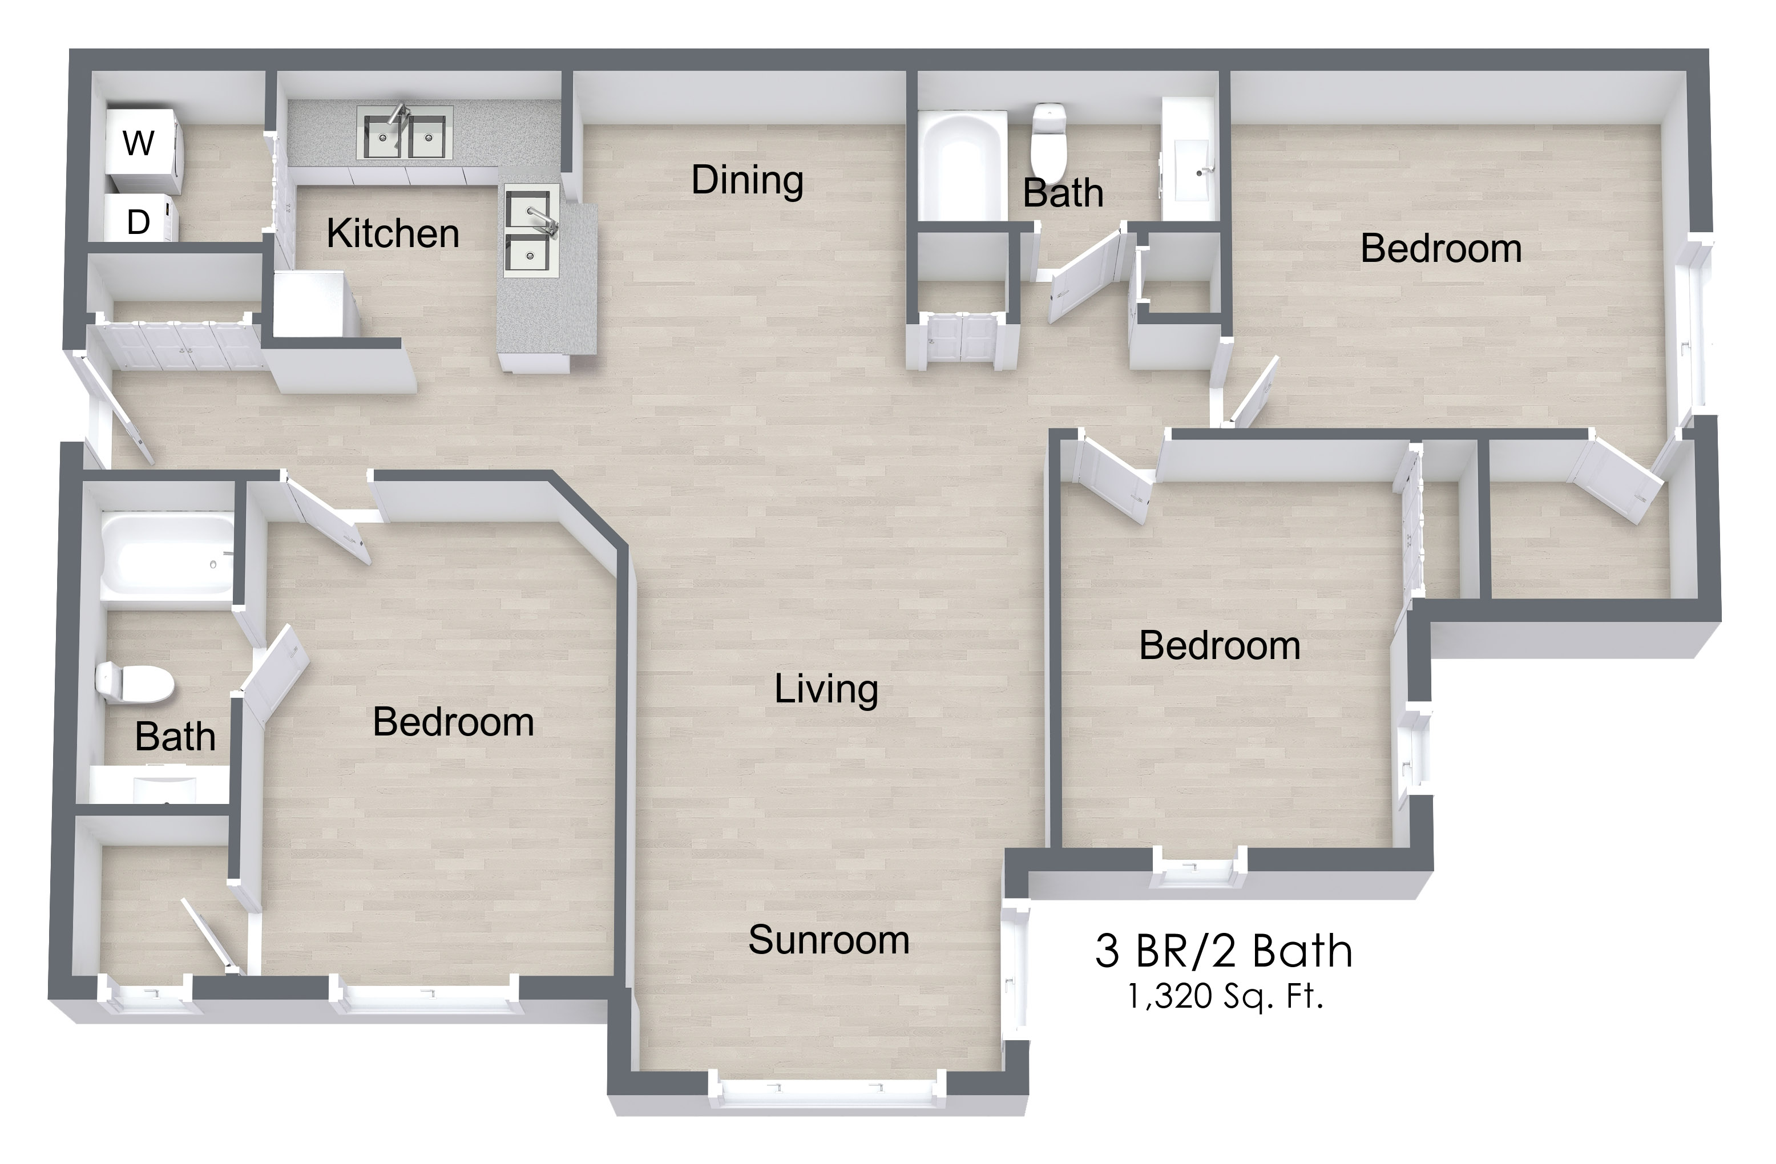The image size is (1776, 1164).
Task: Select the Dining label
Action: coord(747,180)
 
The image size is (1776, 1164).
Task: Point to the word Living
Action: coord(826,689)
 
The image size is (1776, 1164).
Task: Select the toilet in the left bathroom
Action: coord(134,682)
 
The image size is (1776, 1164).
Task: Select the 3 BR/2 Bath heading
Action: coord(1224,951)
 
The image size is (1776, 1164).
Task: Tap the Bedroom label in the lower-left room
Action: coord(454,722)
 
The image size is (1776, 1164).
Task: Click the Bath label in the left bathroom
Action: coord(175,737)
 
